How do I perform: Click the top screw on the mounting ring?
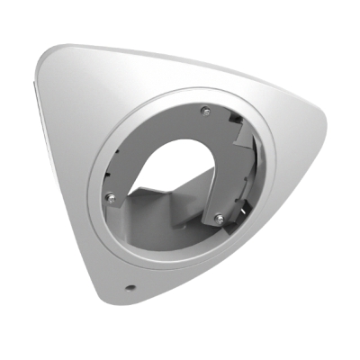[203, 111]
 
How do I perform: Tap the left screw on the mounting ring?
[109, 196]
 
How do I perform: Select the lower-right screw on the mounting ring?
[218, 216]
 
